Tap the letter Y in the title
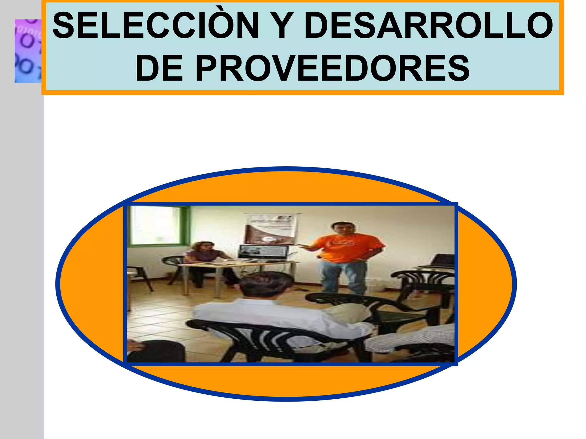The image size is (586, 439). [282, 26]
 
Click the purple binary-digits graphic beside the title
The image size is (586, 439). [28, 51]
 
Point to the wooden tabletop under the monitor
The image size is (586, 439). [237, 264]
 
